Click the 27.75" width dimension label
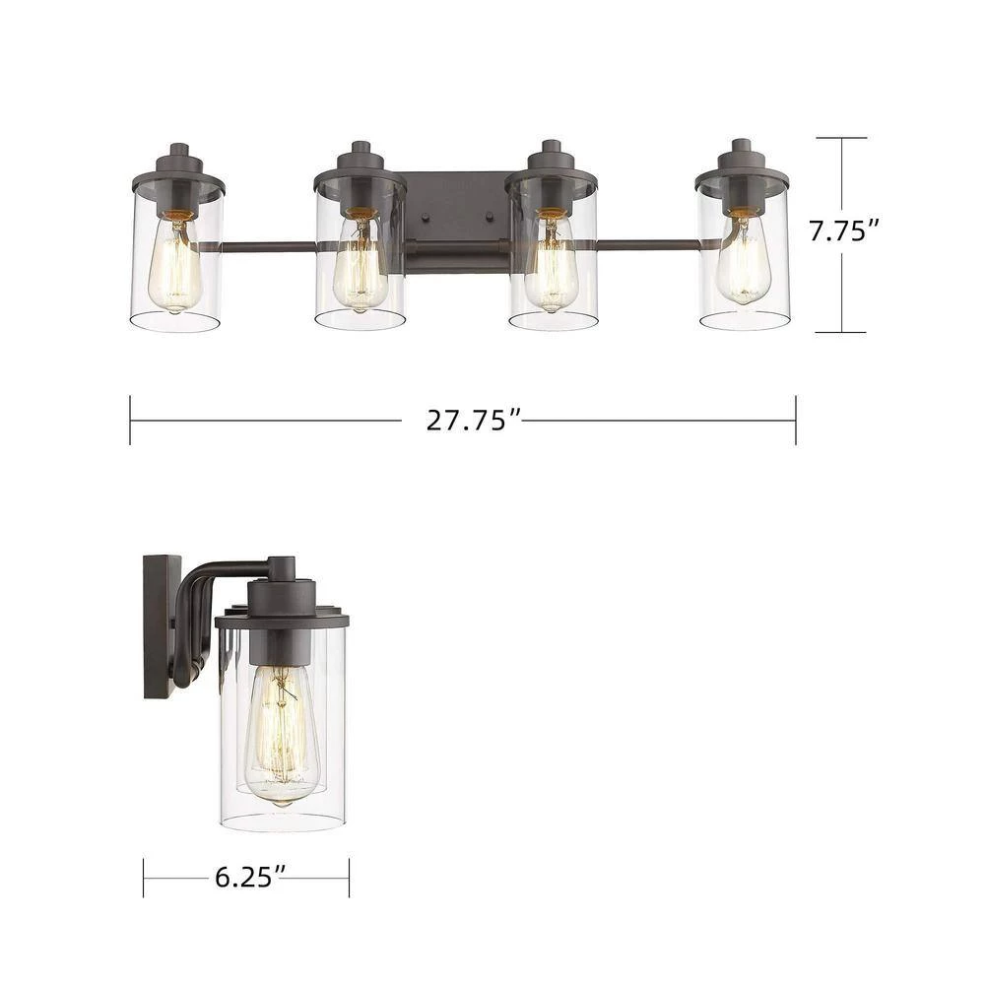coord(473,421)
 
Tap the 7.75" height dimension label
coord(843,232)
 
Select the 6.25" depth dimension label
coord(246,874)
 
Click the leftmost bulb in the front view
coord(175,266)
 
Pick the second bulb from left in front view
coord(359,266)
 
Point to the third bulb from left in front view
coord(551,266)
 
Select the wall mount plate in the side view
coord(161,626)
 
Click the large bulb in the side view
coord(281,734)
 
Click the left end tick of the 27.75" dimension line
coord(131,421)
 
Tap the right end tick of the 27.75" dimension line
coord(795,421)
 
